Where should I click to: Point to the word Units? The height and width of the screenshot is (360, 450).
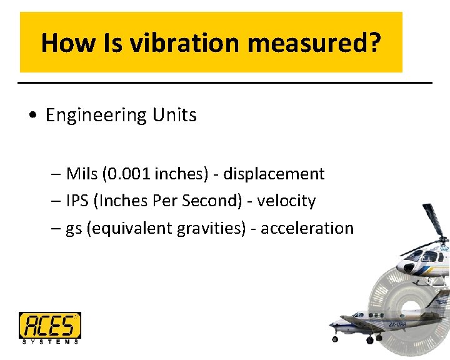tap(173, 115)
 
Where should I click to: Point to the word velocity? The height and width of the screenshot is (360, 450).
tap(287, 201)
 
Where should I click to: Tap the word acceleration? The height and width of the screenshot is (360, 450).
tap(307, 228)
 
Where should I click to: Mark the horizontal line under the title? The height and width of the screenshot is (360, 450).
tap(225, 82)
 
